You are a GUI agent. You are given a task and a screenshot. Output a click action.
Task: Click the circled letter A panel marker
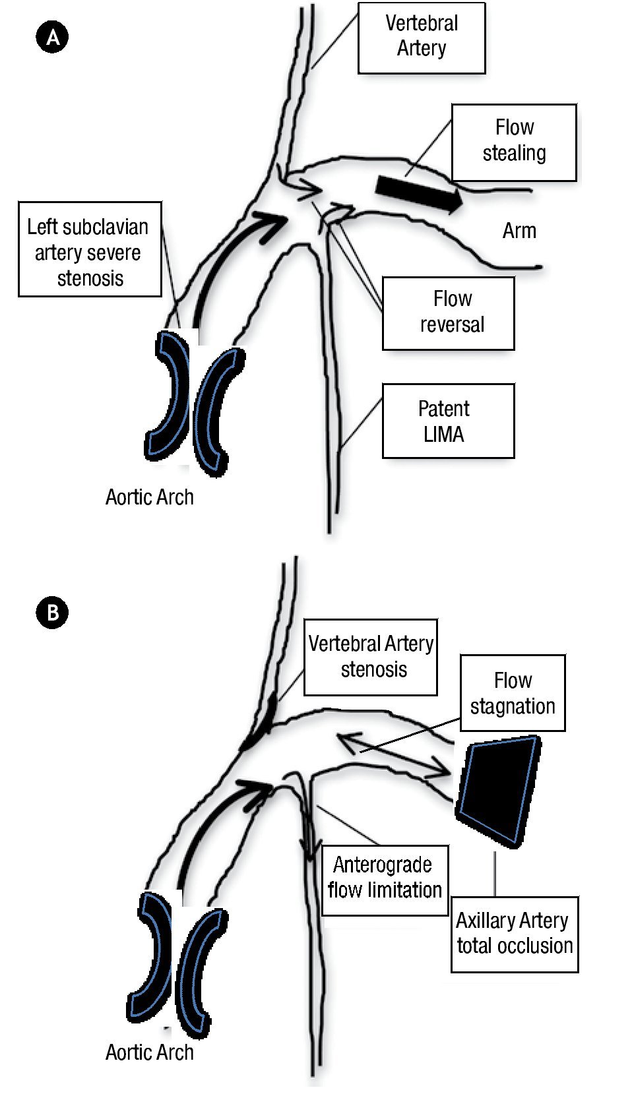52,37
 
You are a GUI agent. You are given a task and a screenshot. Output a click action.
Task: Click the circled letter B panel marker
52,613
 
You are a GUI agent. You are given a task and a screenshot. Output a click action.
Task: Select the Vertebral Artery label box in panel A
421,37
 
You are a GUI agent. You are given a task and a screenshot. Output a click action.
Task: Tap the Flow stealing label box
513,142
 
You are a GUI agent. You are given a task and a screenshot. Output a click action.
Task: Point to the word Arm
519,231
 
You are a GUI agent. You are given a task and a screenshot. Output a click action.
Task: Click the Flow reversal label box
448,313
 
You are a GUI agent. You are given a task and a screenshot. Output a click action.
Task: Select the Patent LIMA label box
448,421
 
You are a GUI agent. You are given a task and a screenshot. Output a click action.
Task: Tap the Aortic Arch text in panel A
150,497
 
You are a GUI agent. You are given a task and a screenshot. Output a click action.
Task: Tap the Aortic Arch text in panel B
150,1052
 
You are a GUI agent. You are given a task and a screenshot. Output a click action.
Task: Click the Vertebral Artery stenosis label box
370,657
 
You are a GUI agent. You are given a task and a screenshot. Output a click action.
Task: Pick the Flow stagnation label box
512,693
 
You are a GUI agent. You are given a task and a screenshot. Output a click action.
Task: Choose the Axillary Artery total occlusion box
514,934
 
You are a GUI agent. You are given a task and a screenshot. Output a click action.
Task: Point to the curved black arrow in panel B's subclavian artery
211,824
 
